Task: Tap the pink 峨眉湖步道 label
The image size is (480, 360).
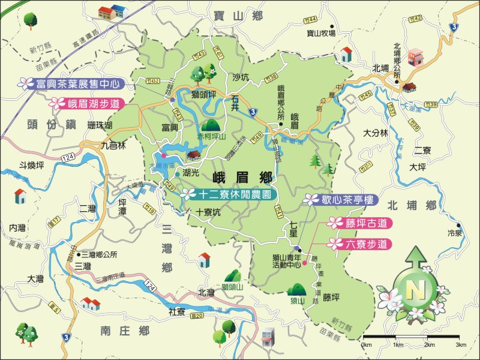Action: coord(90,103)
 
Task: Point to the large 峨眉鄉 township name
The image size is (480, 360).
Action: coord(242,177)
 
